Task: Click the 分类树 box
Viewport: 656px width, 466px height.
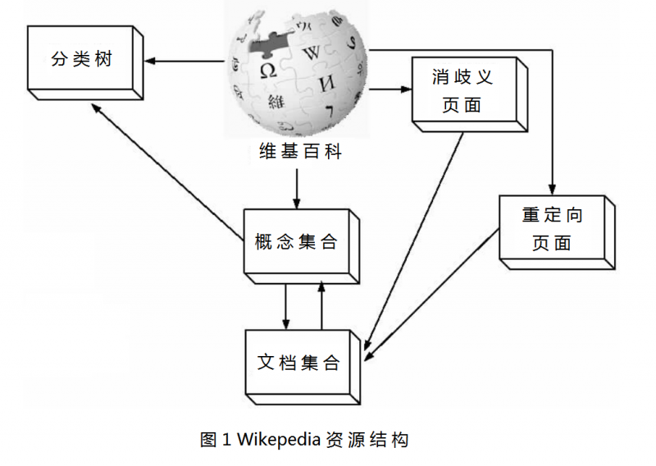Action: [x=81, y=61]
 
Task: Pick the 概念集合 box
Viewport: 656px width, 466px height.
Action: [x=296, y=242]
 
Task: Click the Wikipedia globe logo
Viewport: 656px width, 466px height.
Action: [x=296, y=74]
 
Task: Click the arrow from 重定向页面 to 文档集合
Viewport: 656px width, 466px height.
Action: [x=430, y=295]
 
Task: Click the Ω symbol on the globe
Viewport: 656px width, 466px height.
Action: [x=267, y=70]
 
